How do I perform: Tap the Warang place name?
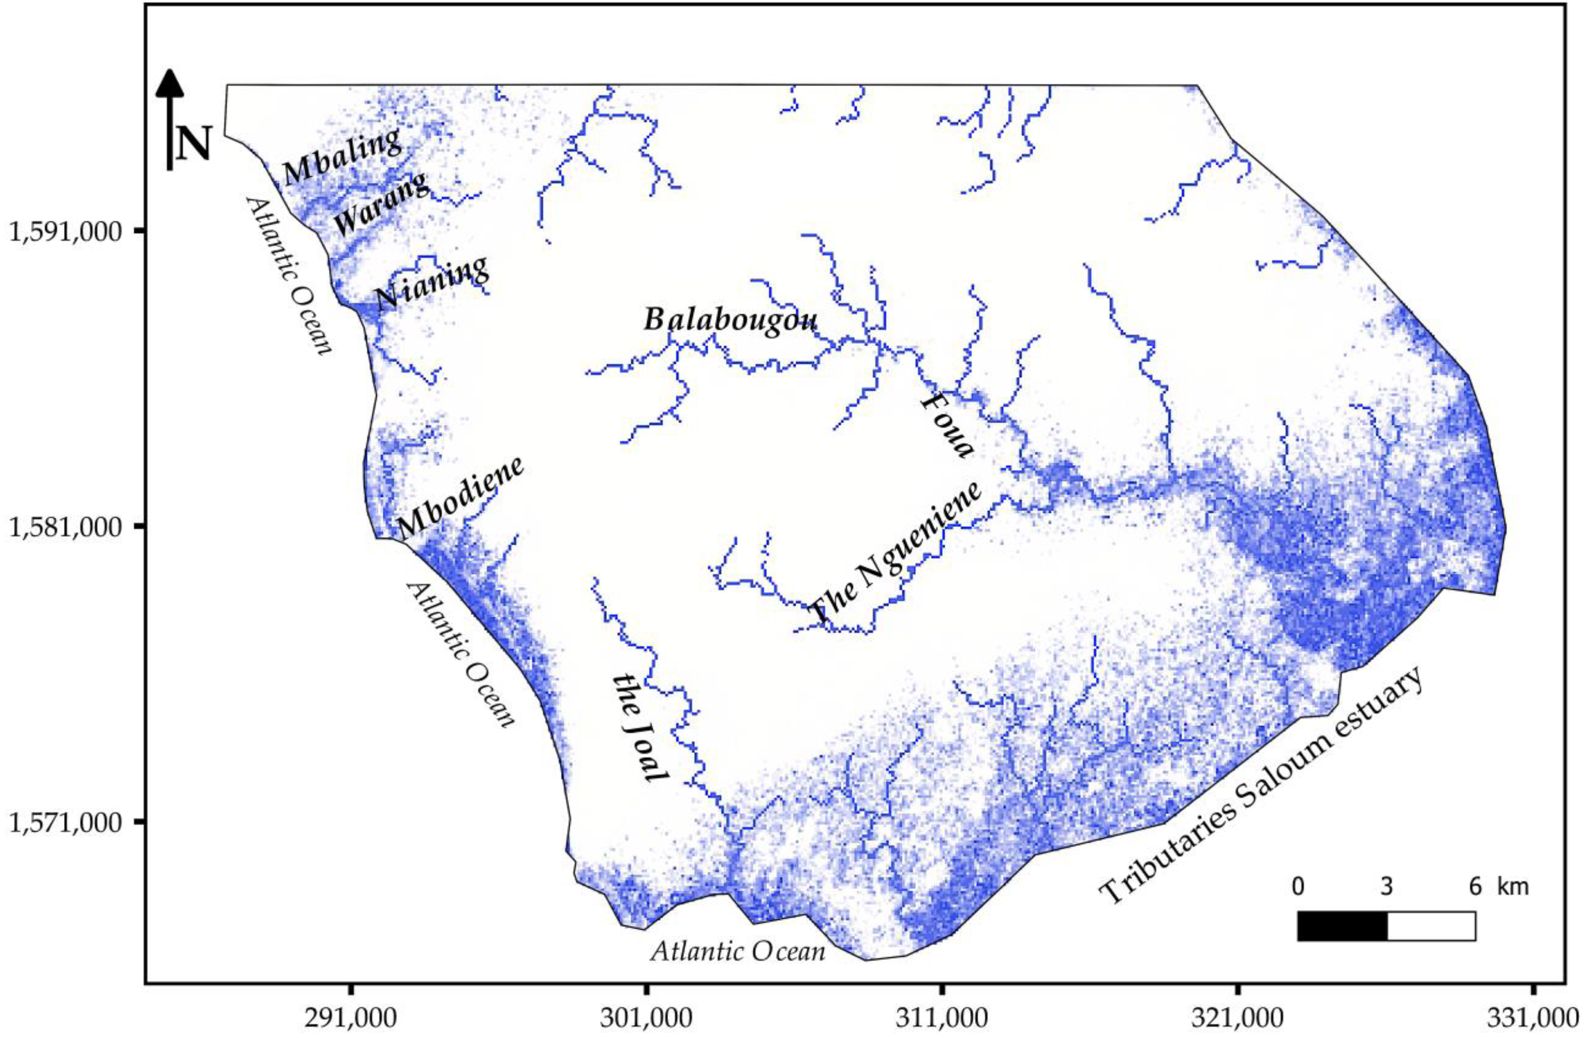click(x=381, y=204)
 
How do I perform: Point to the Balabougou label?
click(x=731, y=321)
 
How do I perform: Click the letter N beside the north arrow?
click(x=193, y=144)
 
